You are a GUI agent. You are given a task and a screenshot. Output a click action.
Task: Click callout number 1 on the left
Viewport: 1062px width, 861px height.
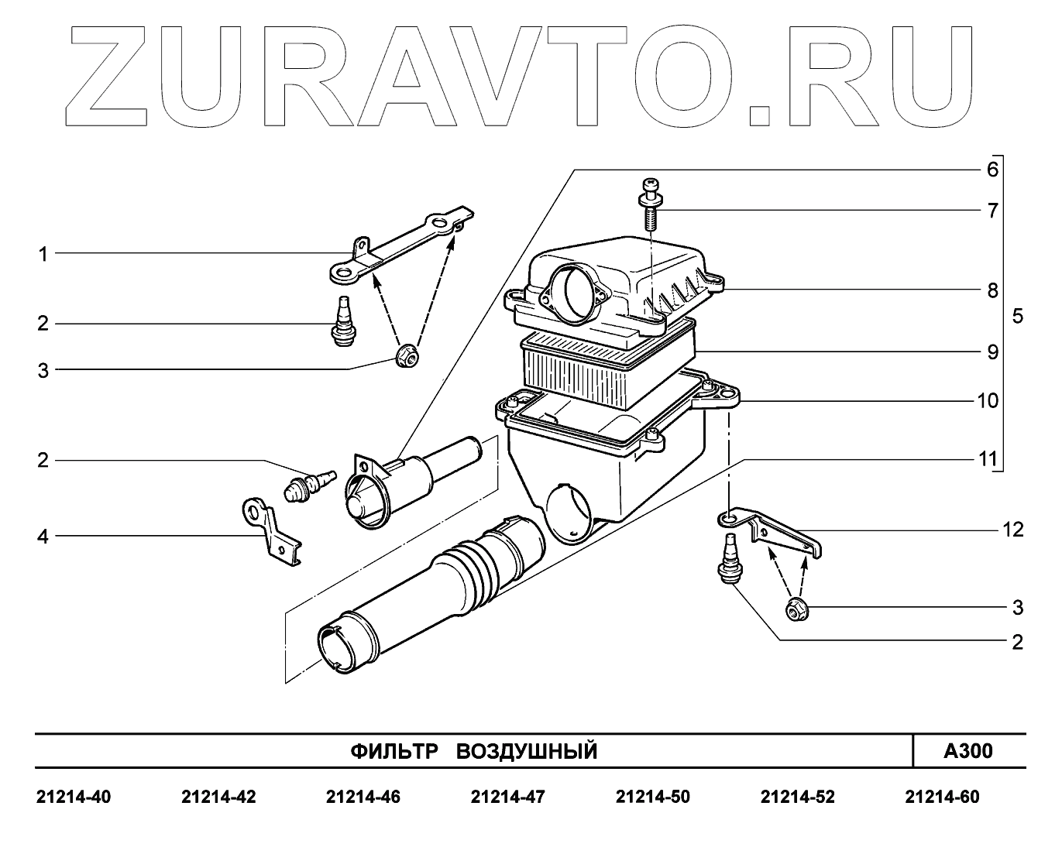click(43, 254)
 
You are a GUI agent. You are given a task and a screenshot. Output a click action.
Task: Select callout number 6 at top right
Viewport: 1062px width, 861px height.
click(992, 170)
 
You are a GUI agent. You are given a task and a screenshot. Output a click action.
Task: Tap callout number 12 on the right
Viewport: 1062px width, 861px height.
click(1012, 530)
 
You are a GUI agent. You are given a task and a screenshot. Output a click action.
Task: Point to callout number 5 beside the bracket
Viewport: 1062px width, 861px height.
click(1017, 317)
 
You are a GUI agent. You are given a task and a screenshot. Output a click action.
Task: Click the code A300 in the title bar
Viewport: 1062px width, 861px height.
click(967, 751)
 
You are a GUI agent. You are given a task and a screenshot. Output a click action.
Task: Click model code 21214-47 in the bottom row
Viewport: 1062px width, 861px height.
click(507, 798)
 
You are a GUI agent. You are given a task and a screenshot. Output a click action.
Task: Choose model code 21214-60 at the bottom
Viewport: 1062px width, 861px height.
click(942, 798)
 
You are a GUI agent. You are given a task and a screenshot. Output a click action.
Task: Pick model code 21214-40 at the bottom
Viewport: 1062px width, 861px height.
click(74, 798)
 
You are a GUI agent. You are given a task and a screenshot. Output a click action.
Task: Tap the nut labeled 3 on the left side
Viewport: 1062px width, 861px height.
click(406, 357)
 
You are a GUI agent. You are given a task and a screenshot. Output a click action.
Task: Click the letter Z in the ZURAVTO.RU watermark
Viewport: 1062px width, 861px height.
click(112, 77)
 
